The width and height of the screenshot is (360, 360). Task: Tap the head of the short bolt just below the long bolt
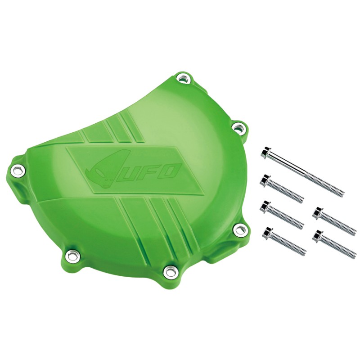point(265,180)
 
